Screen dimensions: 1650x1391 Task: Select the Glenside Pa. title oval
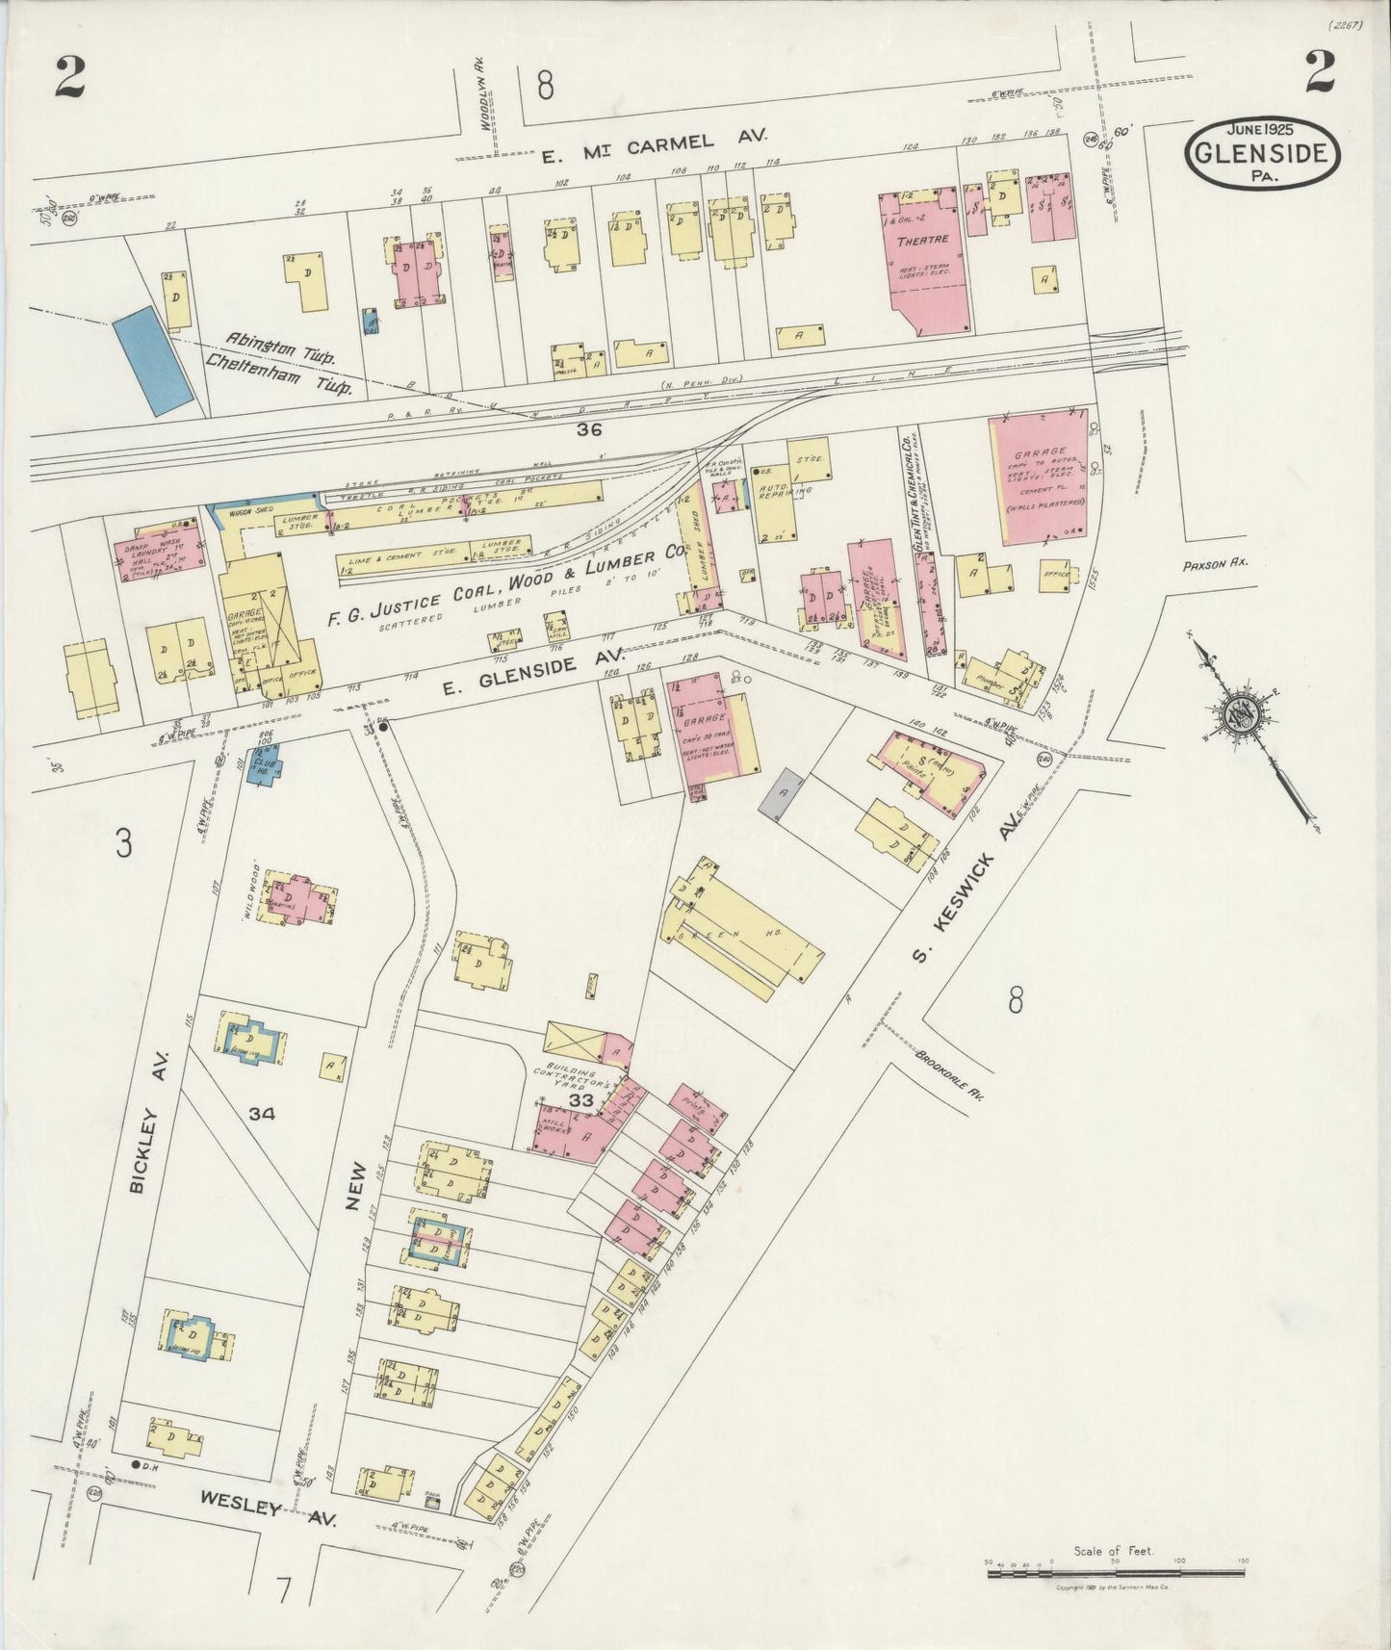[x=1262, y=153]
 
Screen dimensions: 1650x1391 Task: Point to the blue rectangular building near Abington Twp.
[x=152, y=360]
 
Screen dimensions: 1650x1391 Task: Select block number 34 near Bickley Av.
[x=261, y=1114]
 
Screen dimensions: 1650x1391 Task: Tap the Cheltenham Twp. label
[x=279, y=374]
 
